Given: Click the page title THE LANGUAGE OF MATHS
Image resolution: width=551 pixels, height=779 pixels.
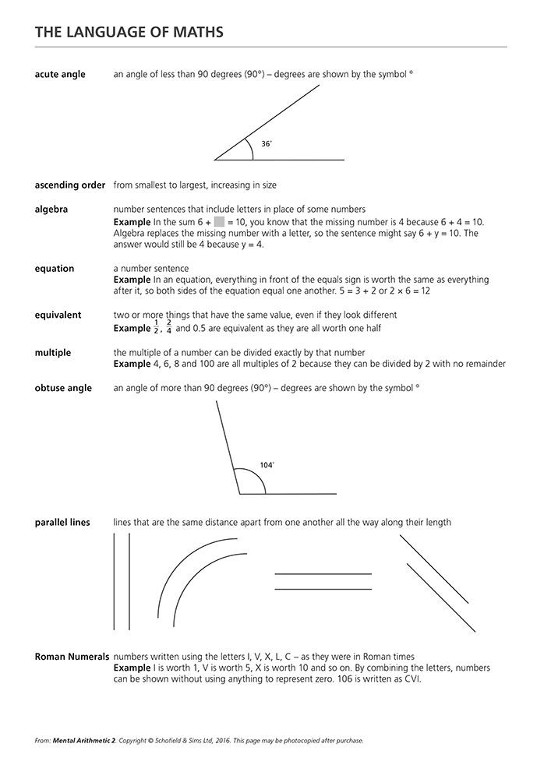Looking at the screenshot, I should (x=129, y=32).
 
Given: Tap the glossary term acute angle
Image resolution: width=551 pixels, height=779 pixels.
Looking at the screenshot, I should (x=60, y=75).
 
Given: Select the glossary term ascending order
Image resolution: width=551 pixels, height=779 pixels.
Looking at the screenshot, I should (x=70, y=185).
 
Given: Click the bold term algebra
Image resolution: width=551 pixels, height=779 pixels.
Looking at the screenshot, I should (x=51, y=210).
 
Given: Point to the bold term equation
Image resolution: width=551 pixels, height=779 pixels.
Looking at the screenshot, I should (x=55, y=269).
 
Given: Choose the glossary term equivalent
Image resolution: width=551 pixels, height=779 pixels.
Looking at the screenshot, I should (x=58, y=315).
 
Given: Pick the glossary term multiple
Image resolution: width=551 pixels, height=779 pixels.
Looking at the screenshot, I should (x=53, y=353).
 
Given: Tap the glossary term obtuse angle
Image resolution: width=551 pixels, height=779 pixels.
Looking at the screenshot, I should (x=63, y=389).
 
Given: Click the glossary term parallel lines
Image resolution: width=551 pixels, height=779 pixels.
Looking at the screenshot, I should (x=62, y=523).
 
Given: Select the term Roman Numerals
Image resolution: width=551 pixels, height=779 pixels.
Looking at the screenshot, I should (x=72, y=657).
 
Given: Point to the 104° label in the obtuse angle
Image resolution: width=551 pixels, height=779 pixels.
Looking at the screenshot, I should (x=267, y=465).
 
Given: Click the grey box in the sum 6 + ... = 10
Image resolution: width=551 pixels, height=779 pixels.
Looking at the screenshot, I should (x=219, y=222).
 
